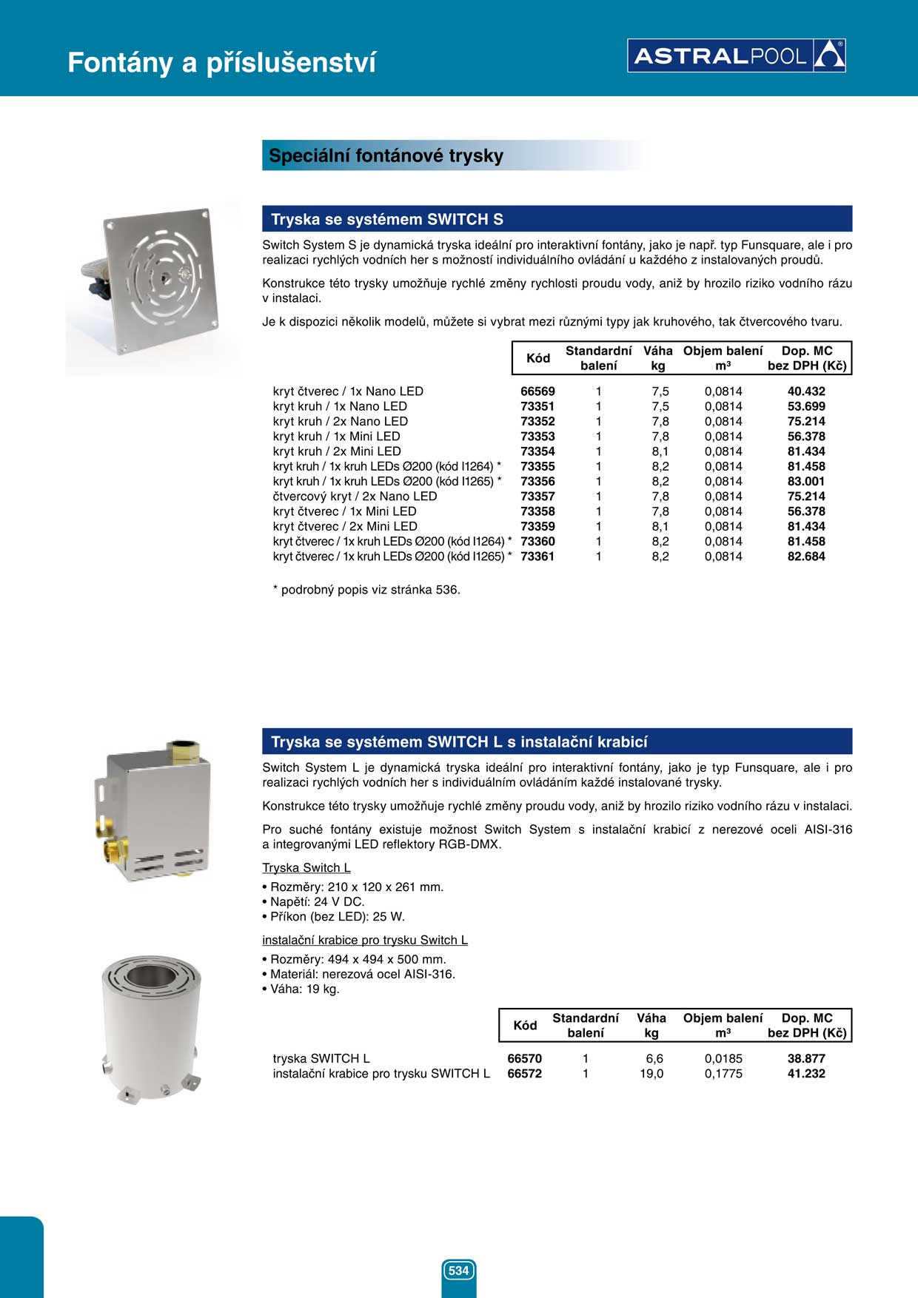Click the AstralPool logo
click(736, 56)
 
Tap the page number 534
click(458, 1271)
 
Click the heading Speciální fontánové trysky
click(386, 156)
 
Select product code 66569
click(537, 391)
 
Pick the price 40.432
click(806, 391)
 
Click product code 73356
click(537, 482)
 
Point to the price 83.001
click(806, 482)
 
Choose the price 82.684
click(806, 556)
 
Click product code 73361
click(537, 556)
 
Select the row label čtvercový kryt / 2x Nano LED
click(355, 497)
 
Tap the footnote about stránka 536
click(367, 590)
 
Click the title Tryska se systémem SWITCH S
click(387, 220)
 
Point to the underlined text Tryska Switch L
click(306, 868)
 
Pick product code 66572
click(524, 1074)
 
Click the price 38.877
click(806, 1059)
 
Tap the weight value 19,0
click(651, 1074)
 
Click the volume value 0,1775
click(723, 1074)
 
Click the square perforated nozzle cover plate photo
click(156, 282)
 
